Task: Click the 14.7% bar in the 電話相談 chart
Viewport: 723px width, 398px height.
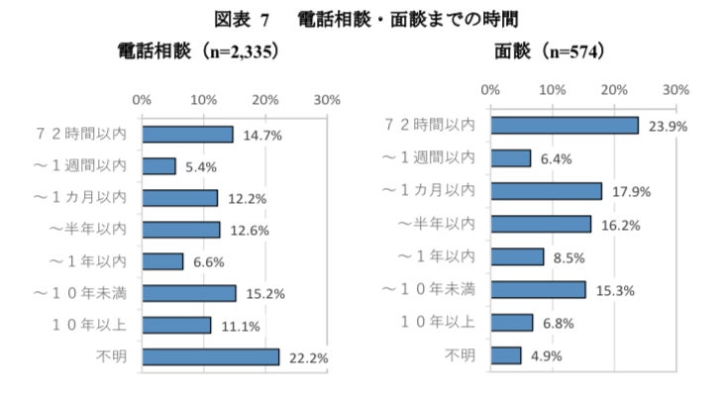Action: click(187, 135)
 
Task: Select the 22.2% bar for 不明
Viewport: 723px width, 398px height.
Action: click(210, 356)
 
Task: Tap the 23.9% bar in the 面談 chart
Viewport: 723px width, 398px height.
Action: click(565, 126)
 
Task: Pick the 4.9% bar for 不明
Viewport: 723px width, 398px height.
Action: click(505, 354)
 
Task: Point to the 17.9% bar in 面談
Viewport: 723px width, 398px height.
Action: click(546, 191)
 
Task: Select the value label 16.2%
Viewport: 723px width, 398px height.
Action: click(620, 225)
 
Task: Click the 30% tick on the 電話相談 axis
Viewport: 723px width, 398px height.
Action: click(327, 100)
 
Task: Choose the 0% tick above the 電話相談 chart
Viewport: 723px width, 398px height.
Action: click(142, 100)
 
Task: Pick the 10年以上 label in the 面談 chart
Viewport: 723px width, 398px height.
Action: click(437, 322)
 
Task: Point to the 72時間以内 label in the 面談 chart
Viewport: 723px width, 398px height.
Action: click(429, 125)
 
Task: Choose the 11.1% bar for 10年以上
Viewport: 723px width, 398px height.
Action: click(176, 325)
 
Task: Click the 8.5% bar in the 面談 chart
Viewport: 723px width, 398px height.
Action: click(517, 256)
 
